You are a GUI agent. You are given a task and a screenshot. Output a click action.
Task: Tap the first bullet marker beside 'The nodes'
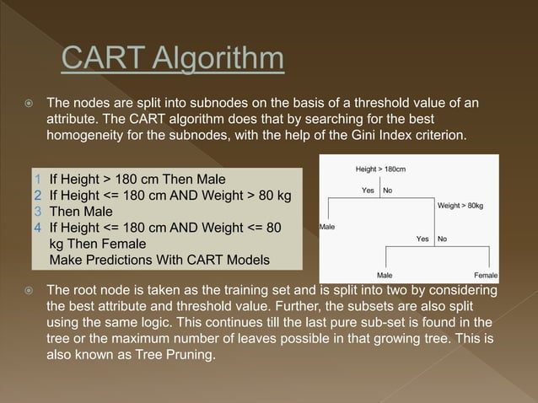pyautogui.click(x=29, y=103)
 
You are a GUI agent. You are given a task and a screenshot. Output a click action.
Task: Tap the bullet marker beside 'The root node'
pyautogui.click(x=29, y=291)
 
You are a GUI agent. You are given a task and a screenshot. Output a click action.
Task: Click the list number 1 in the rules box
pyautogui.click(x=36, y=179)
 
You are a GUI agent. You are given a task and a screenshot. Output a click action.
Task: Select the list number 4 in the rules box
pyautogui.click(x=36, y=227)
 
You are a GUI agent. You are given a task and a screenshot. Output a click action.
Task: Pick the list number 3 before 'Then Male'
pyautogui.click(x=36, y=211)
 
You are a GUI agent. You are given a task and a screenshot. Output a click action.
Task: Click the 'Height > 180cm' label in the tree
pyautogui.click(x=380, y=169)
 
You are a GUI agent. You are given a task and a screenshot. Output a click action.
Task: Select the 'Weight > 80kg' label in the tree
pyautogui.click(x=460, y=206)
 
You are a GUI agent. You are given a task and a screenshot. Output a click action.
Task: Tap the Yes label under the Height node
pyautogui.click(x=368, y=191)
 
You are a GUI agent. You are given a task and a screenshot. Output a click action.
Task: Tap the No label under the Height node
pyautogui.click(x=388, y=191)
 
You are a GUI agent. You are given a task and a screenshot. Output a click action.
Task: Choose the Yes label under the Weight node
pyautogui.click(x=423, y=239)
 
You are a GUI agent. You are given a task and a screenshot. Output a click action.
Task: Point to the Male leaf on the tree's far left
pyautogui.click(x=327, y=227)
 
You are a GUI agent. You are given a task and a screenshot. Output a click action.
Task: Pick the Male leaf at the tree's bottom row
pyautogui.click(x=384, y=275)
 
